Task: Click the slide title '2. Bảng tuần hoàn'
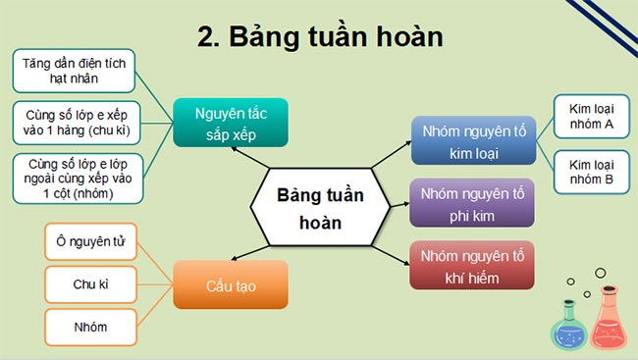[x=320, y=36]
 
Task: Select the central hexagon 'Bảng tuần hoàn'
[x=320, y=208]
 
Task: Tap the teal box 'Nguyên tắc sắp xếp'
[x=232, y=123]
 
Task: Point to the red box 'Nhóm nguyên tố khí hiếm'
[x=473, y=266]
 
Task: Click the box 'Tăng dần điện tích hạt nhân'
[x=75, y=71]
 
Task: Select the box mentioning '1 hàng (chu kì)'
[x=75, y=123]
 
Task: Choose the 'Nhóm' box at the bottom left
[x=90, y=327]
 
